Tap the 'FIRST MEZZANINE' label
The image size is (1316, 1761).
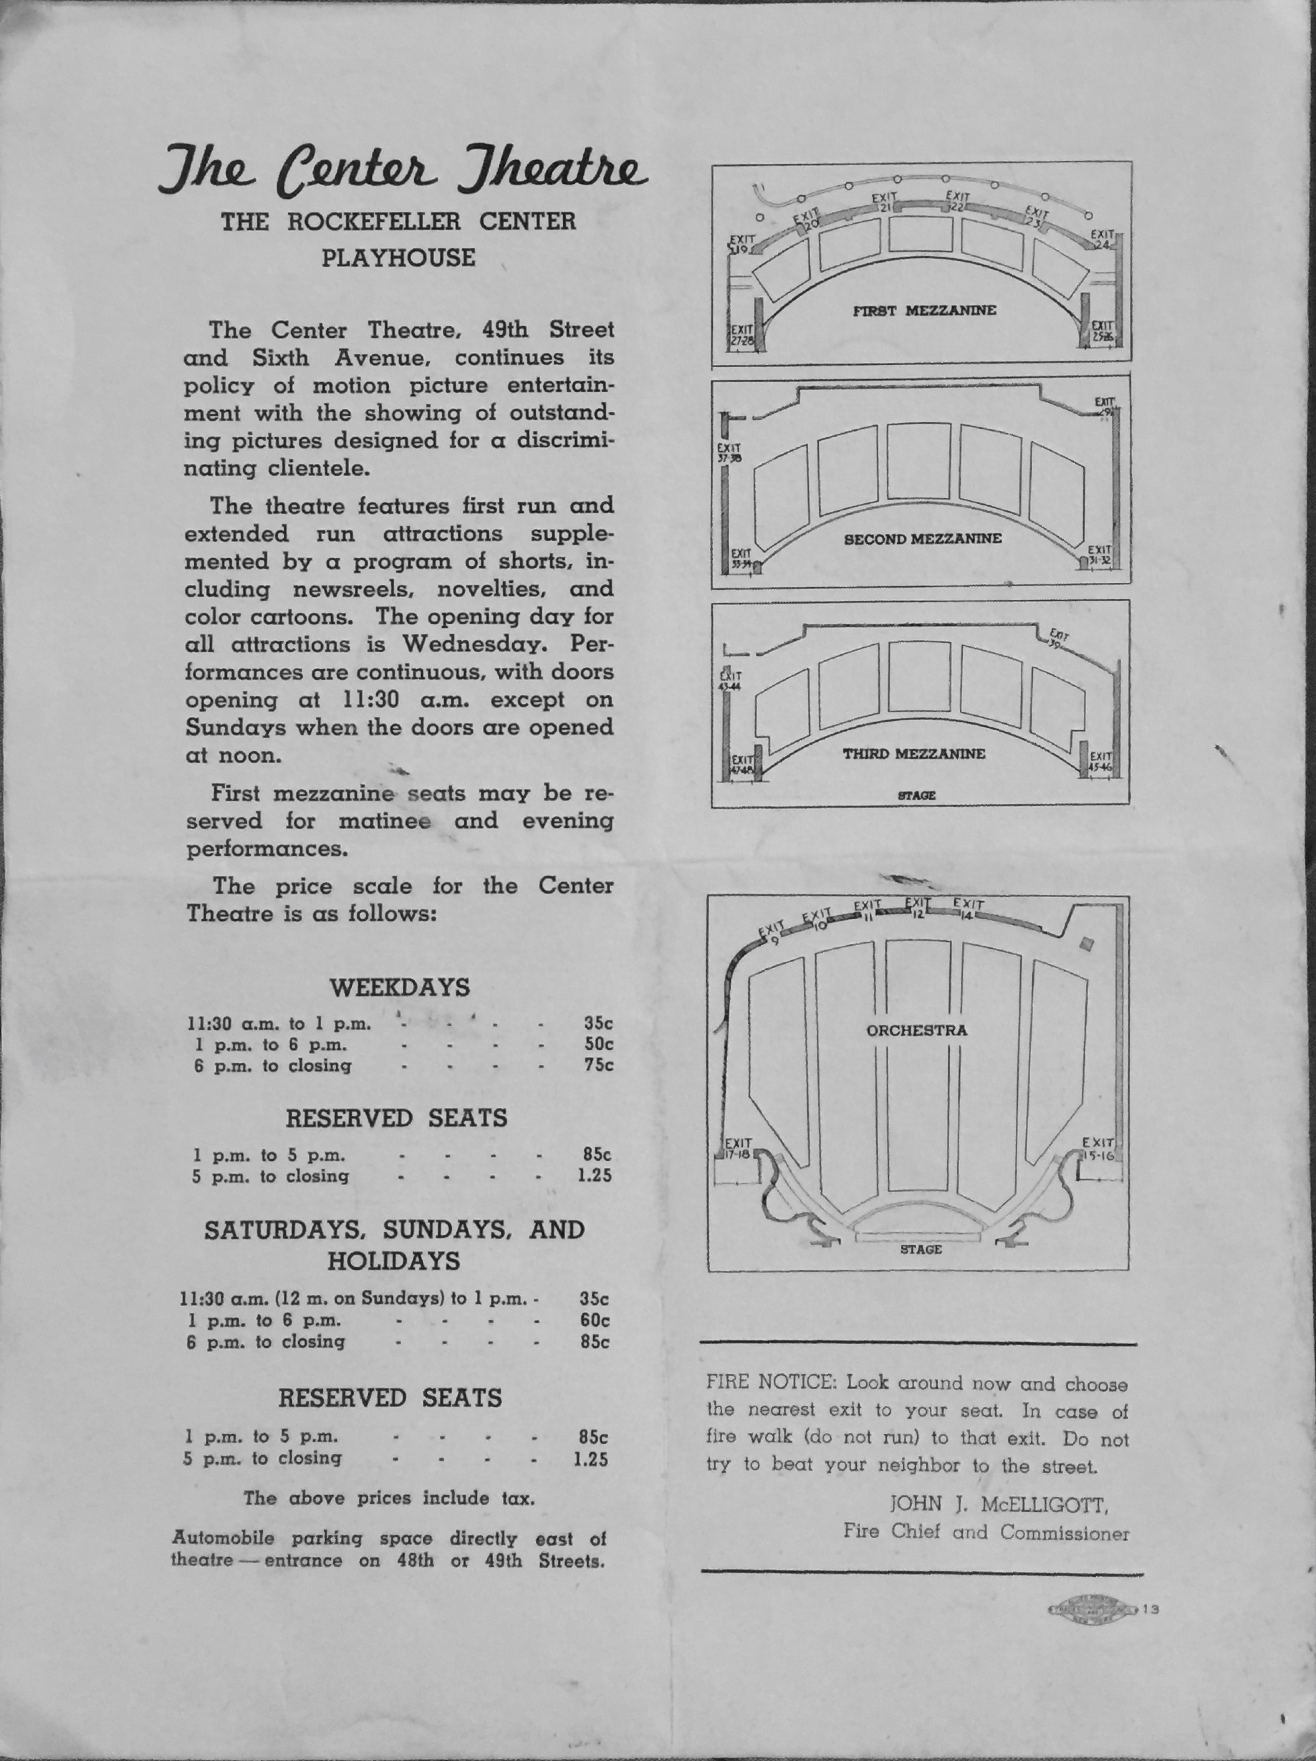pos(924,310)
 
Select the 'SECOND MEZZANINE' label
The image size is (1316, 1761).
pos(922,539)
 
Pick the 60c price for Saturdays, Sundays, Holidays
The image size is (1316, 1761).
pos(595,1320)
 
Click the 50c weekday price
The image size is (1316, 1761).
pos(599,1044)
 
